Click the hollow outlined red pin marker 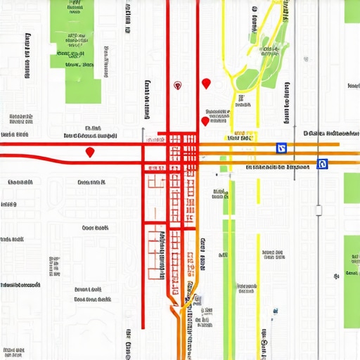(x=178, y=85)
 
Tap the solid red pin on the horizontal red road (x=89, y=152)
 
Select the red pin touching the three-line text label (x=205, y=121)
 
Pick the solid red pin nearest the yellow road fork (x=205, y=84)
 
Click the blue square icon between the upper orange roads (x=281, y=148)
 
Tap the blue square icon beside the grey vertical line (x=323, y=164)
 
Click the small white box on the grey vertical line (x=318, y=209)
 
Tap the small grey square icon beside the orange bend (x=198, y=300)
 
